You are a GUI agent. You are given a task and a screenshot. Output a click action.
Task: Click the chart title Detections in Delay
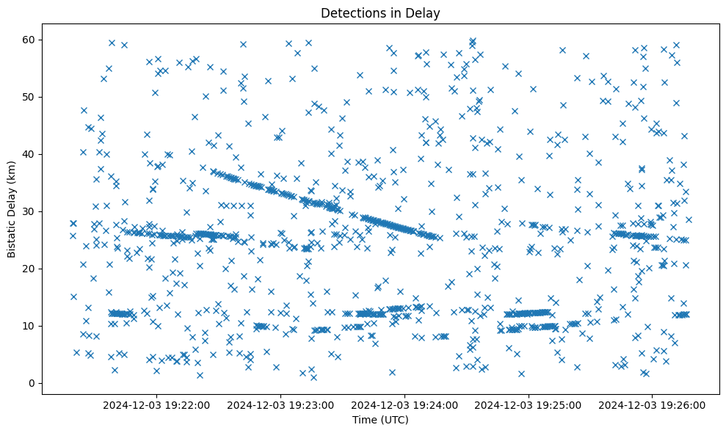pyautogui.click(x=380, y=12)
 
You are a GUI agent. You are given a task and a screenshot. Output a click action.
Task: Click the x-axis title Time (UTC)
pyautogui.click(x=380, y=420)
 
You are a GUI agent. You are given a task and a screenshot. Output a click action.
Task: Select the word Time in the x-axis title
pyautogui.click(x=365, y=420)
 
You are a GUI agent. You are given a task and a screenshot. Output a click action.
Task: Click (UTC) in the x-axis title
pyautogui.click(x=393, y=420)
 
